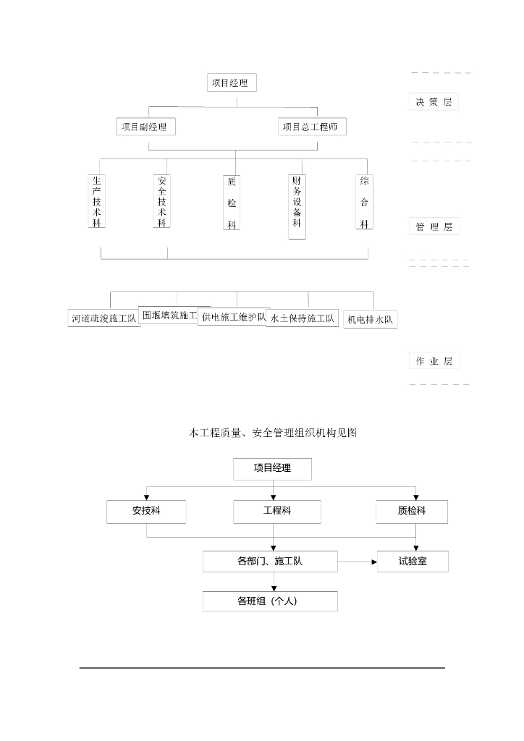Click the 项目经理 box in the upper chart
tap(232, 82)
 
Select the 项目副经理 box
tap(145, 127)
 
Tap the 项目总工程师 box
tap(312, 127)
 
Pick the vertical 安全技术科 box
tap(161, 201)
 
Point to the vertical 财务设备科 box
tap(297, 206)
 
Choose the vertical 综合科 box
tap(364, 202)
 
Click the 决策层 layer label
tap(433, 102)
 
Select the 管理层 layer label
tap(434, 227)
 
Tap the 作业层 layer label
tap(434, 361)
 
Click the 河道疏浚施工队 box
tap(104, 318)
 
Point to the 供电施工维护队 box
tap(233, 317)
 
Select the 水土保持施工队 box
tap(303, 318)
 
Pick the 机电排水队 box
tap(371, 319)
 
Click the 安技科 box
tap(146, 511)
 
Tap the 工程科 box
tap(272, 511)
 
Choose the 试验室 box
tap(413, 561)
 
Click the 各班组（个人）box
tap(270, 601)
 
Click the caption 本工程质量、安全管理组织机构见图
tap(273, 433)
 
